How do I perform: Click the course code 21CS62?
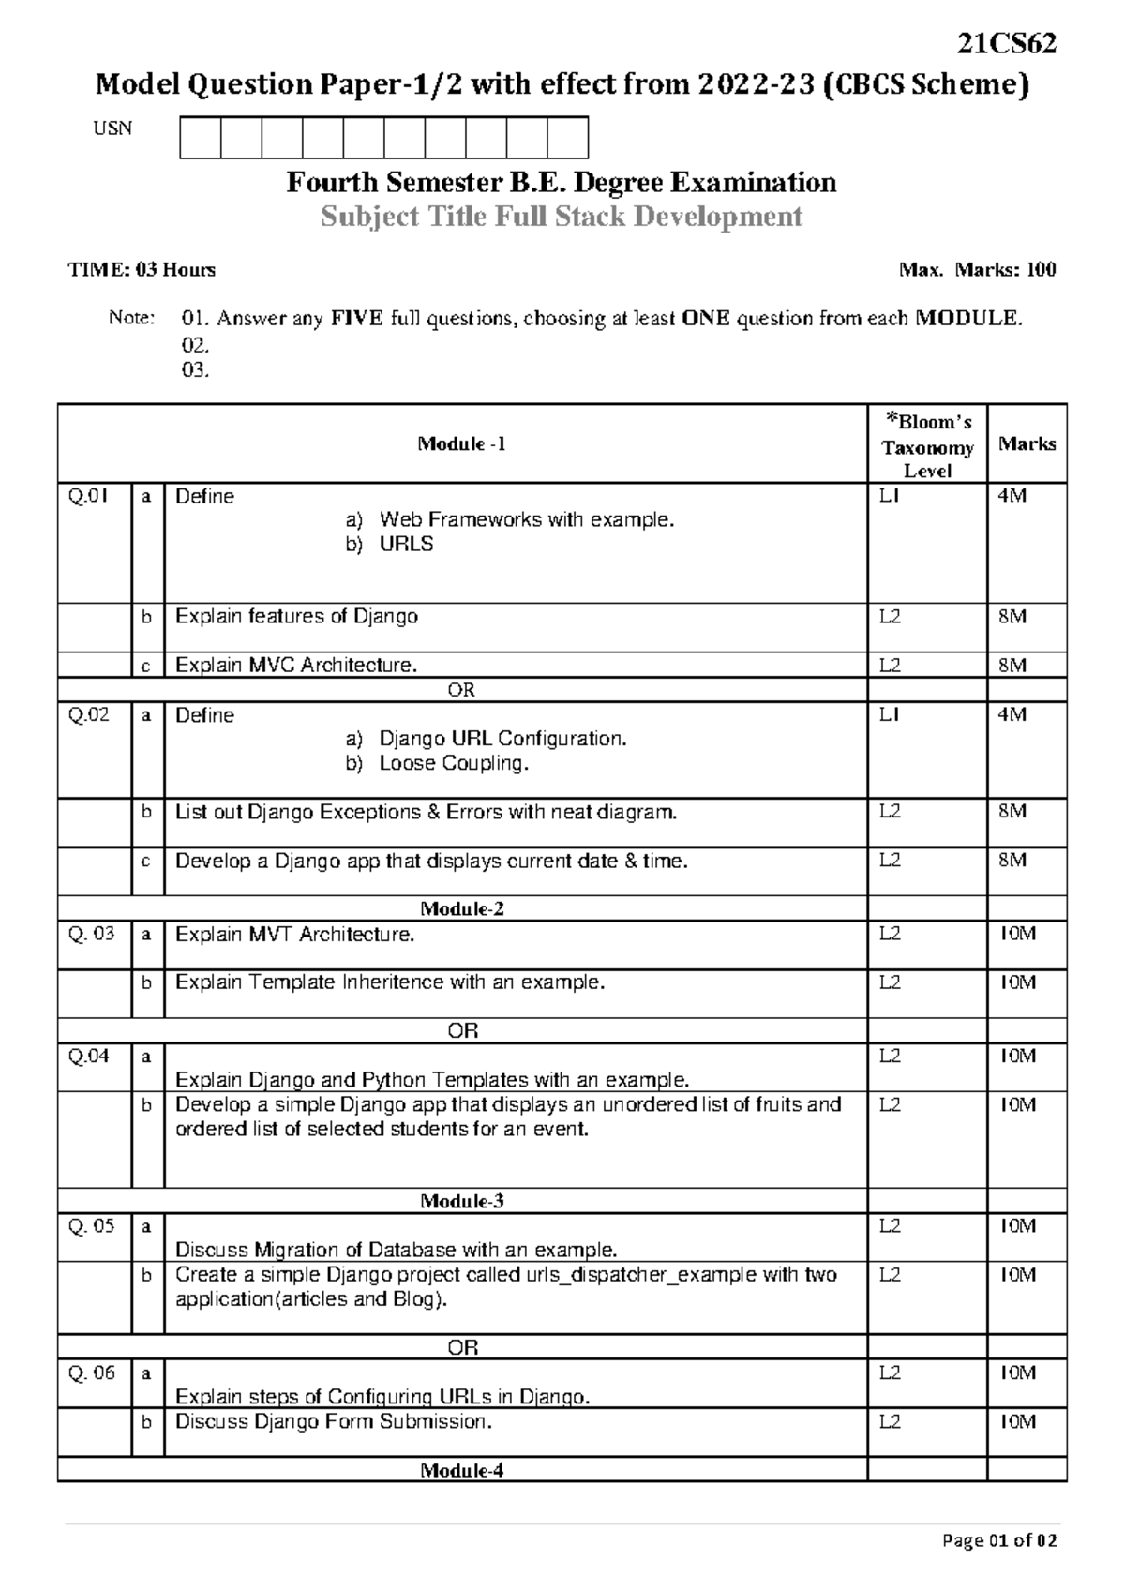click(x=1007, y=44)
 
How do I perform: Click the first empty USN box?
click(x=200, y=138)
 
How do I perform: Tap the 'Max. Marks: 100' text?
click(x=977, y=270)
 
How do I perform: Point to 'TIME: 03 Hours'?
click(x=142, y=270)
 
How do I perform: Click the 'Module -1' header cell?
click(x=461, y=444)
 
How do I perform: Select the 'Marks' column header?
click(x=1027, y=444)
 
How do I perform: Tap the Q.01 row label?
click(x=88, y=497)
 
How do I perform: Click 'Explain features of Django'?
click(x=296, y=617)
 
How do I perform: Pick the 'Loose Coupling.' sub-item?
click(x=454, y=763)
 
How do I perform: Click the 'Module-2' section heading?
click(x=461, y=908)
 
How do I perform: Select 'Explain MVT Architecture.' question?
click(x=294, y=935)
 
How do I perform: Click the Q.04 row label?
click(x=88, y=1057)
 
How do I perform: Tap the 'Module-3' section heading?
click(x=461, y=1201)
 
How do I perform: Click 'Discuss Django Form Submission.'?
click(x=333, y=1422)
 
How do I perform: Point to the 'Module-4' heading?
click(x=461, y=1470)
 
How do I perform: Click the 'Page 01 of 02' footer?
click(x=999, y=1540)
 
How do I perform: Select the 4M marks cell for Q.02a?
click(x=1012, y=715)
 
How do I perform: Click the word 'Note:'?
click(x=131, y=319)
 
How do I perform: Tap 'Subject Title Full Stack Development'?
click(x=561, y=217)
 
